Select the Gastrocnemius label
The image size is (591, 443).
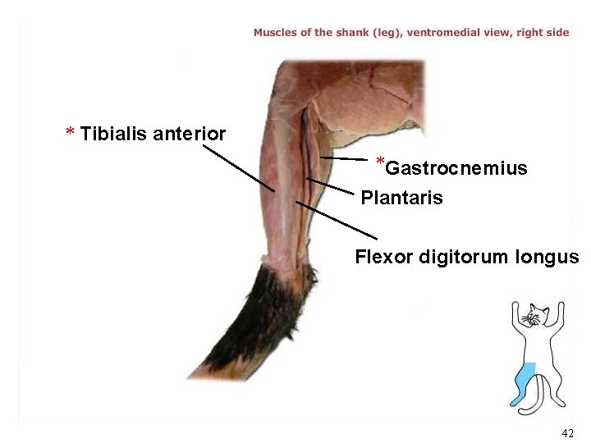456,169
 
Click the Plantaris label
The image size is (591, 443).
401,198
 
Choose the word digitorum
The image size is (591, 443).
462,257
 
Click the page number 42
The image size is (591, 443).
567,432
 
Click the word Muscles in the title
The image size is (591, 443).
275,33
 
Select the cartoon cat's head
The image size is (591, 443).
536,315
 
